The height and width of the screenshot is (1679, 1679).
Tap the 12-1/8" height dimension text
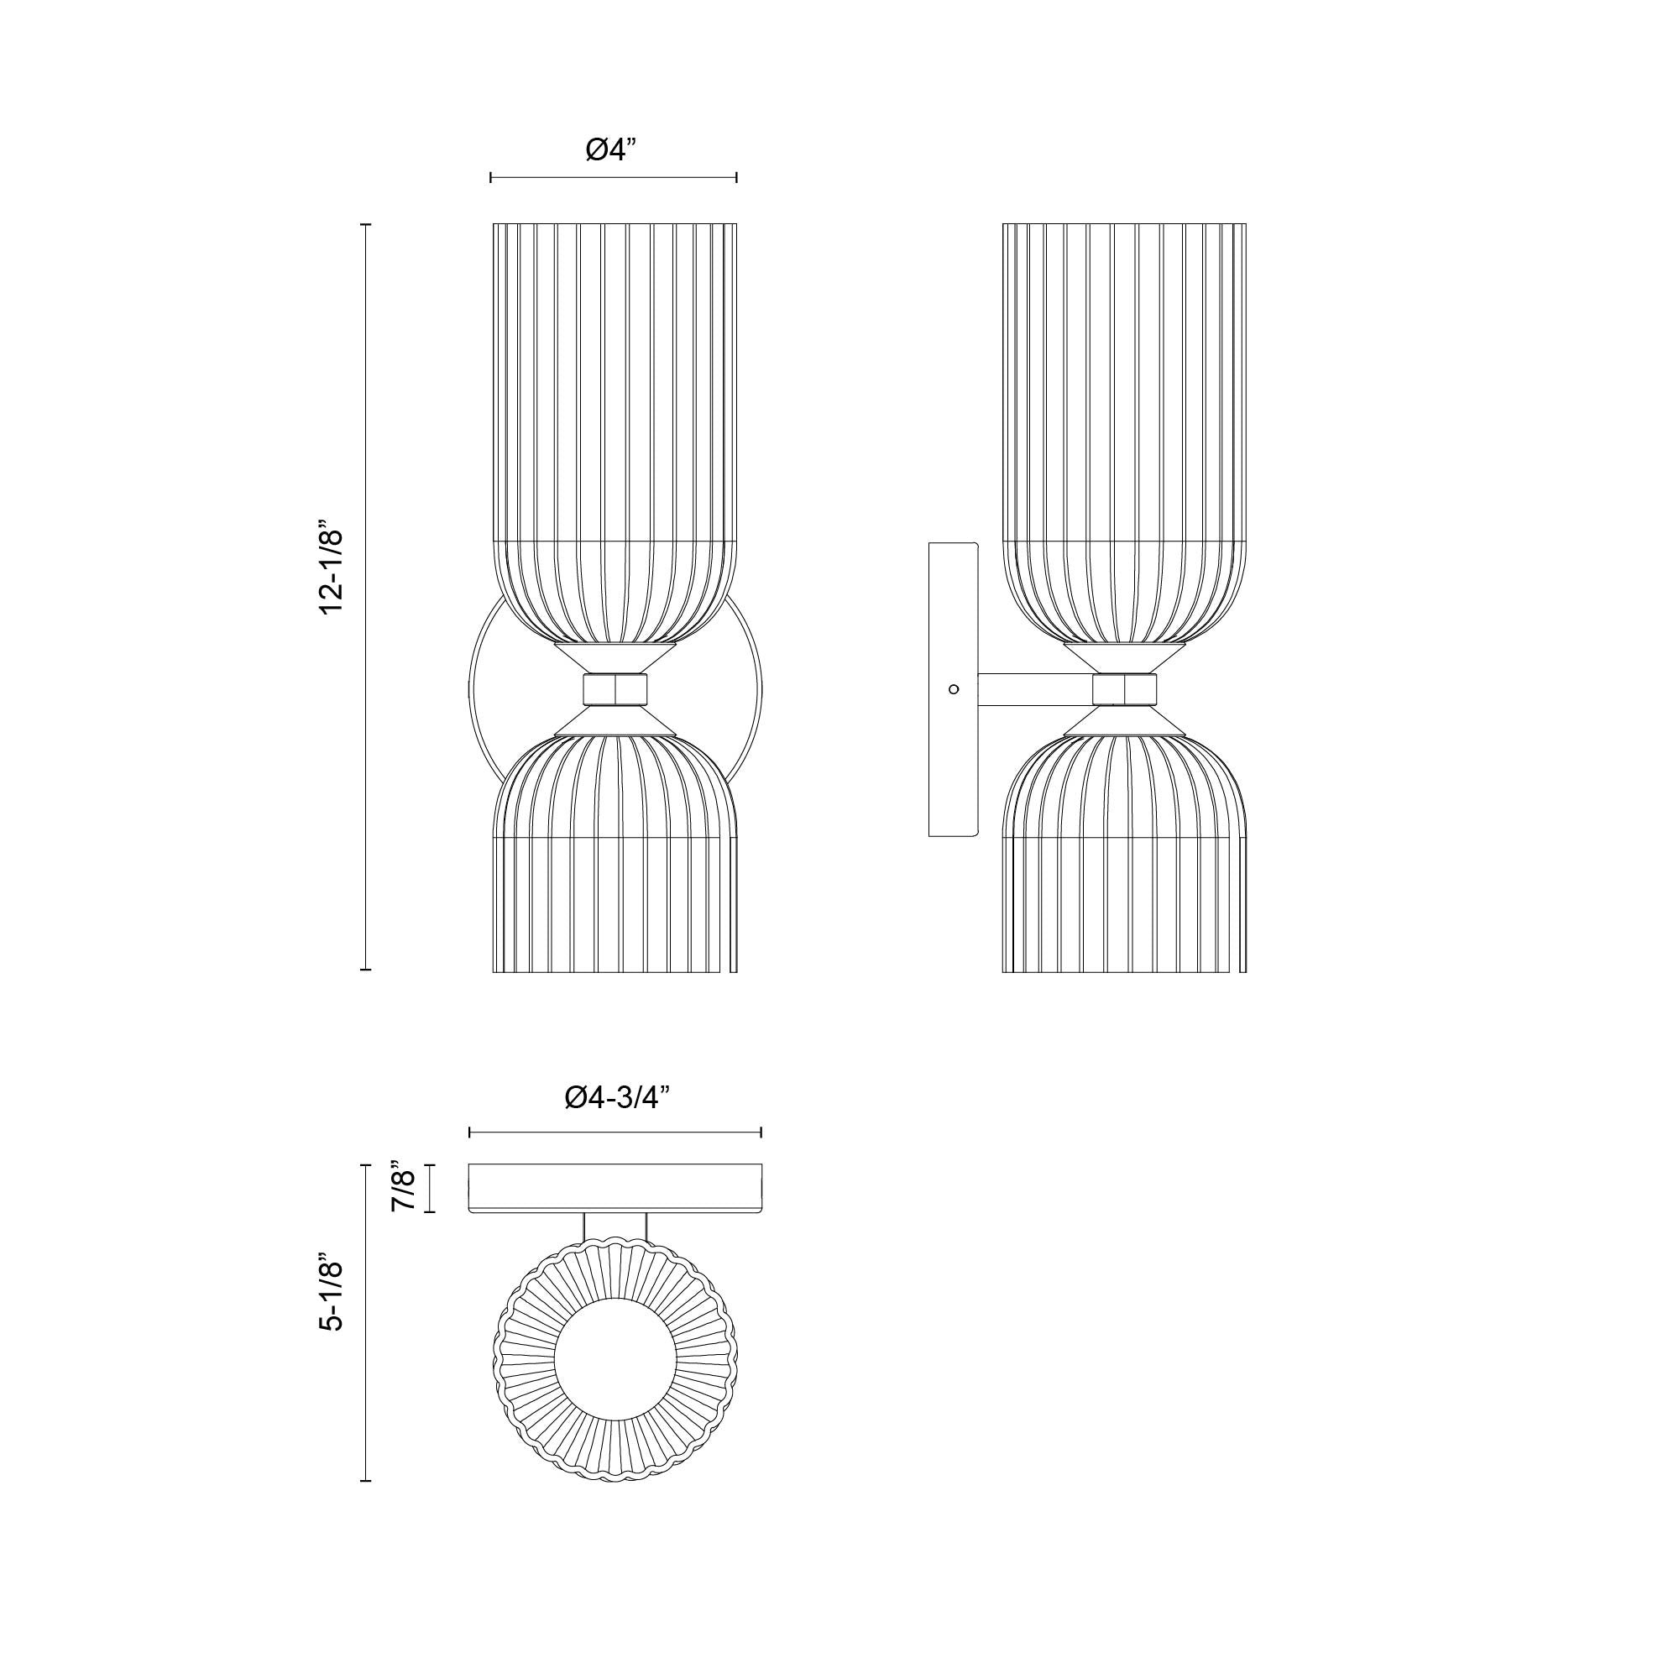[x=332, y=569]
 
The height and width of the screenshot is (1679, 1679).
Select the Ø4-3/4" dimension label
[x=616, y=1097]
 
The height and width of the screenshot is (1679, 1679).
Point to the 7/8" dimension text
[x=405, y=1187]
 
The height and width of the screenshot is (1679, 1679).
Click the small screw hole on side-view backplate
[x=955, y=689]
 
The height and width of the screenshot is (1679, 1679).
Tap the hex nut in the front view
[x=615, y=688]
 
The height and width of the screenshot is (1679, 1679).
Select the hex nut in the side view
[x=1125, y=689]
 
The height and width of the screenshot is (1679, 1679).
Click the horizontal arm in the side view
[x=1035, y=689]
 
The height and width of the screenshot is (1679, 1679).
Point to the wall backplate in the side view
[x=954, y=609]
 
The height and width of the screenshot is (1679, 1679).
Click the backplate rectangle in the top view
[x=615, y=1187]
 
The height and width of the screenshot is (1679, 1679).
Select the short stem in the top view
[x=615, y=1229]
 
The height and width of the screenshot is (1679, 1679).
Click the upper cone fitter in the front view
[x=615, y=657]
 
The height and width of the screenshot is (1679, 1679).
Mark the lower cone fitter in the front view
[x=615, y=720]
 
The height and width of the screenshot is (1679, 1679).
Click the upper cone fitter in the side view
[x=1125, y=658]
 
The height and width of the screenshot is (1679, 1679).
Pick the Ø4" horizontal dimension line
[x=614, y=178]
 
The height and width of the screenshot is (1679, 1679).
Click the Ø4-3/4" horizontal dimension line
[x=615, y=1132]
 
